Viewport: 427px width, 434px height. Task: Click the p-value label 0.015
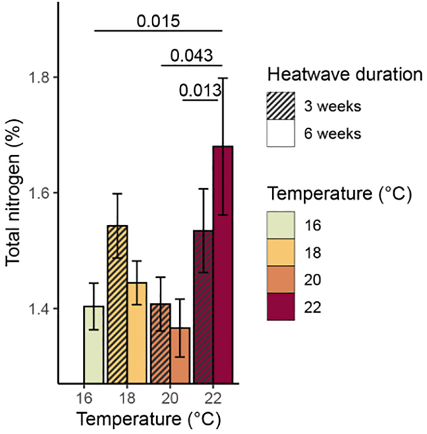pos(158,21)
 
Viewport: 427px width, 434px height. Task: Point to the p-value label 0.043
pos(191,56)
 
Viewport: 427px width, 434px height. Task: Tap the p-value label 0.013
pos(200,90)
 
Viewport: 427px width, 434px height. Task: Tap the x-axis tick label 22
pos(213,399)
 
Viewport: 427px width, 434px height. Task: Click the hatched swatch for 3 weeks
pos(280,106)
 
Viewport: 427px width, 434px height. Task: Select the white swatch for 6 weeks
pos(280,133)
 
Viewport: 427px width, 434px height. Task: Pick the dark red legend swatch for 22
pos(280,307)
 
